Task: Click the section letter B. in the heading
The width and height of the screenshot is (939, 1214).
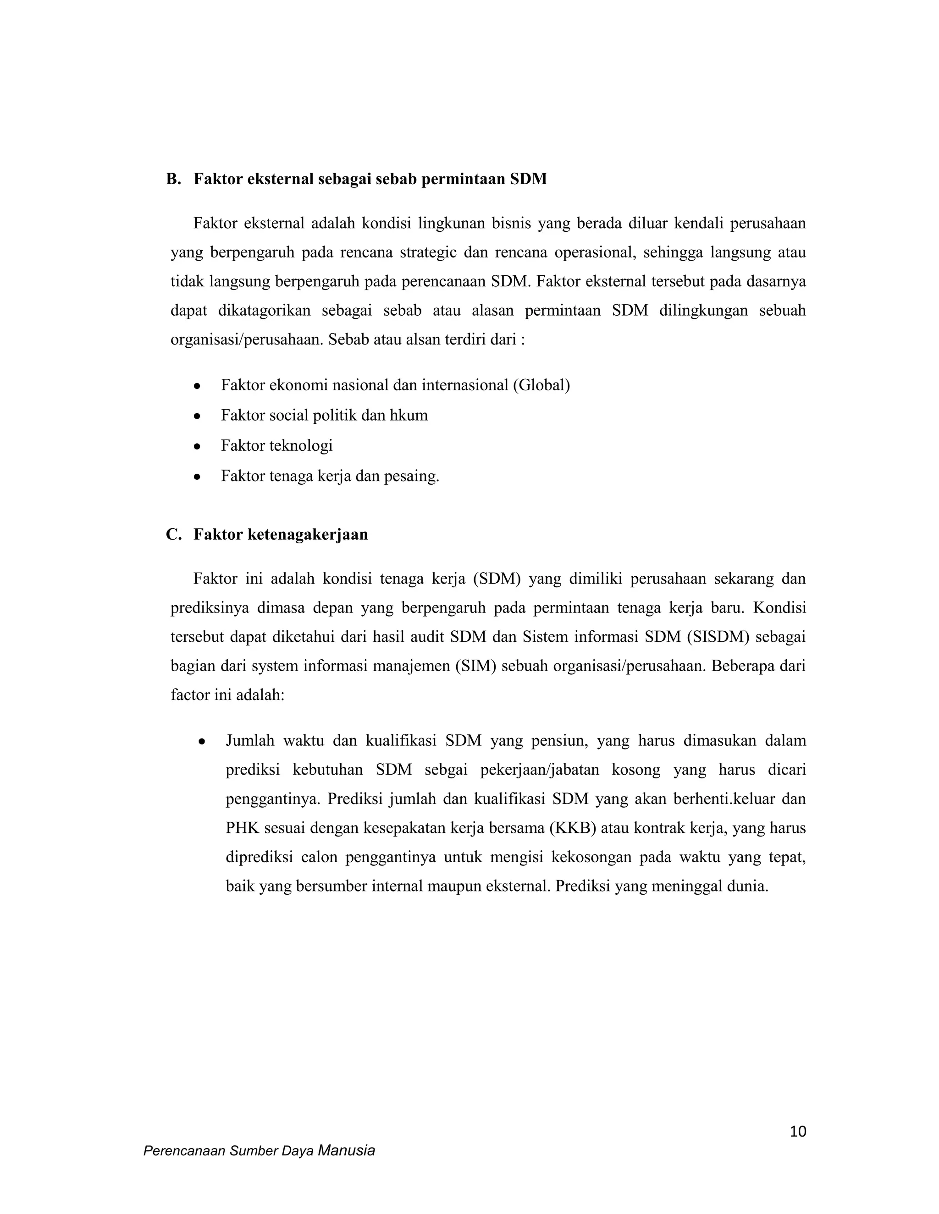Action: (x=174, y=179)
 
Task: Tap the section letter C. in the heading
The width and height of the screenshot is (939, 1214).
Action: (x=174, y=534)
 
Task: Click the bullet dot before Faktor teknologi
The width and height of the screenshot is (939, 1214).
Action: (x=196, y=446)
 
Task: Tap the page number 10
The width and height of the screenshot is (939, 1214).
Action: (x=798, y=1132)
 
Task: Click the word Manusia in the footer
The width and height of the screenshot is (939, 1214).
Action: (x=346, y=1151)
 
